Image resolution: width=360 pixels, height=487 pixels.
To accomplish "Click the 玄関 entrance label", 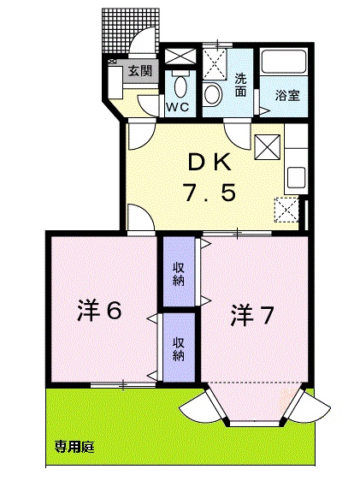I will (x=140, y=72).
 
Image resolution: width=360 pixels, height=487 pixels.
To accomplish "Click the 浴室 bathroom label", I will (x=287, y=95).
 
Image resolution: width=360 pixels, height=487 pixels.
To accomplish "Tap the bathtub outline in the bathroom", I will (x=285, y=63).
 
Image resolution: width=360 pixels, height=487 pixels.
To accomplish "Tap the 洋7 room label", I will (x=251, y=316).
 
